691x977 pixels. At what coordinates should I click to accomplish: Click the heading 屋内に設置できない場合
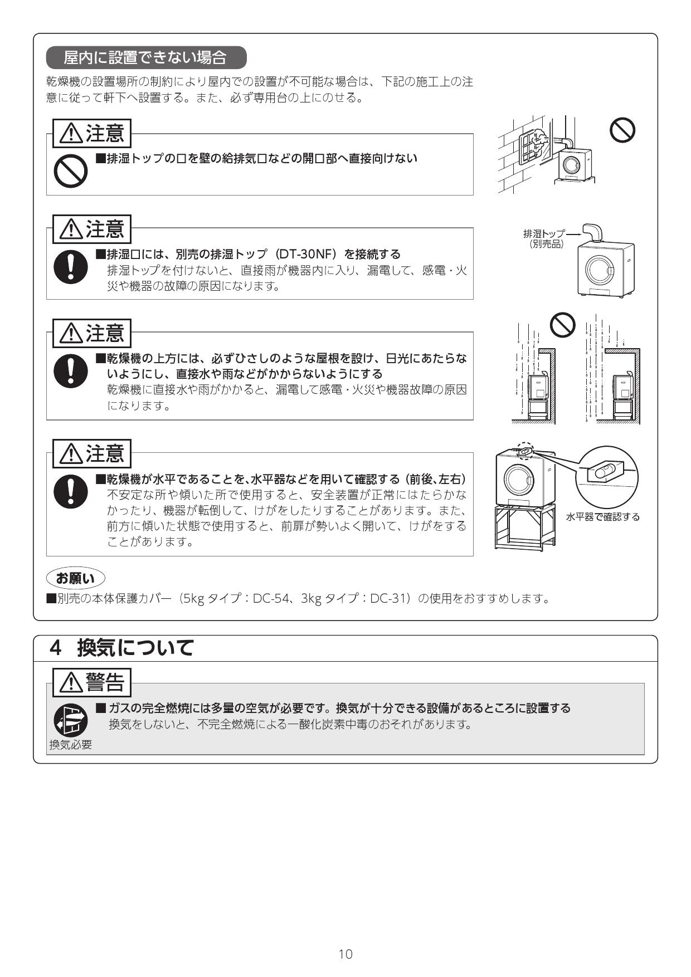tap(145, 57)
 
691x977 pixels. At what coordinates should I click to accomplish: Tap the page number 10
tap(345, 954)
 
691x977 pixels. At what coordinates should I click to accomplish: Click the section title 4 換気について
tap(121, 648)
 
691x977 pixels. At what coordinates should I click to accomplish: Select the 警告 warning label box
tap(92, 681)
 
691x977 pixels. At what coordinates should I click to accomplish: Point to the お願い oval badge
tap(76, 578)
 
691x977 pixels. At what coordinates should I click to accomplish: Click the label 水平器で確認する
tap(602, 517)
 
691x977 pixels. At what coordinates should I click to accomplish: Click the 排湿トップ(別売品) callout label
tap(543, 238)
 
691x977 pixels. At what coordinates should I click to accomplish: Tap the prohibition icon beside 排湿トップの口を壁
tap(70, 170)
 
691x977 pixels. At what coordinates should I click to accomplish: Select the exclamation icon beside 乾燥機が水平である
tap(70, 491)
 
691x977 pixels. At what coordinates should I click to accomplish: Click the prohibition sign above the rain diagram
tap(562, 324)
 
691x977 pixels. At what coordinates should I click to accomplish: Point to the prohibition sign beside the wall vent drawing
tap(622, 130)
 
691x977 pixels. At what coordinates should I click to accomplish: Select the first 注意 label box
tap(92, 133)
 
